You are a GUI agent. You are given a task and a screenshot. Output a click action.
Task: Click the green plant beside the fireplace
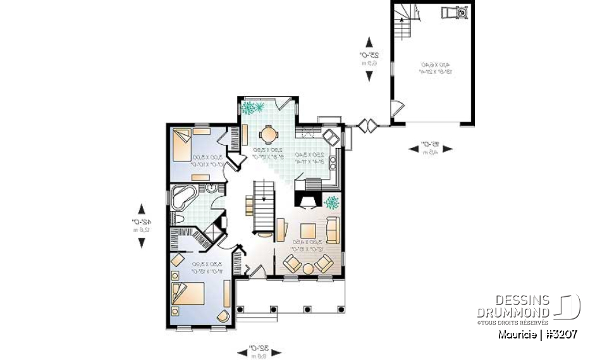coord(331,202)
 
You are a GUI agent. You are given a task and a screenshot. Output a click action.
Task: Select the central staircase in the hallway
coord(264,206)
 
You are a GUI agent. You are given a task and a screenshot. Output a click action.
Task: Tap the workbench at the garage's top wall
coord(456,12)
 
